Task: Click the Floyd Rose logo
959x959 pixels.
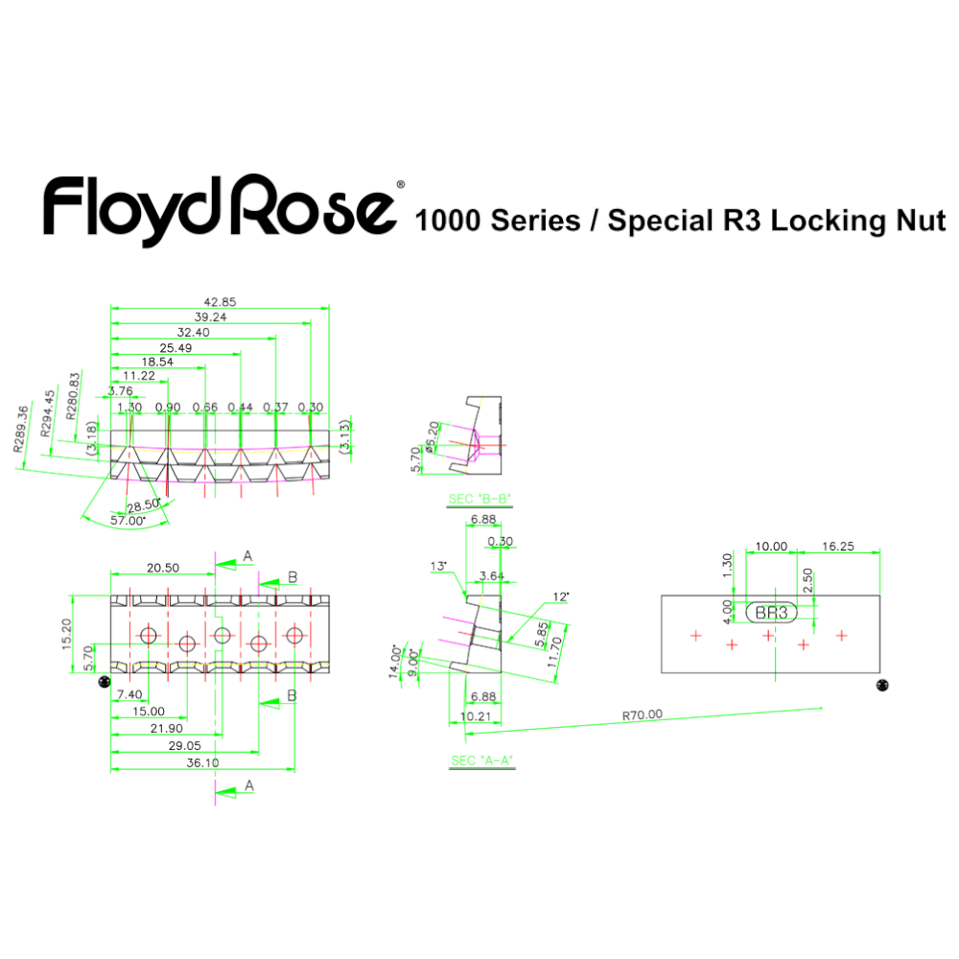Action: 219,208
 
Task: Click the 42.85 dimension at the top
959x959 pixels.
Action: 222,301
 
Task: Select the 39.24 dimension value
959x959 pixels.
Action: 210,316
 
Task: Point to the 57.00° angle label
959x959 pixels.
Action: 129,519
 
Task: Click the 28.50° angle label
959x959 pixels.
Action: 143,504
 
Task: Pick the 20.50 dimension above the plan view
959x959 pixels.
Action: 163,568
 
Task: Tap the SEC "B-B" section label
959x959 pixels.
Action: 479,500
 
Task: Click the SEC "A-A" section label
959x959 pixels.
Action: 482,761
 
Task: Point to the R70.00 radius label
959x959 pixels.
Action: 642,714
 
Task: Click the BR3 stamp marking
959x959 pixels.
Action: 771,613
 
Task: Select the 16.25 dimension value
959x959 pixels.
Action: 839,547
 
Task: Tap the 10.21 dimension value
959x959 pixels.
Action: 476,716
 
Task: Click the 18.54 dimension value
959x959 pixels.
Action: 157,362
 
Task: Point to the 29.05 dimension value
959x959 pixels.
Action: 184,745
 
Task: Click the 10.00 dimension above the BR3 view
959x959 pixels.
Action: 771,547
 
